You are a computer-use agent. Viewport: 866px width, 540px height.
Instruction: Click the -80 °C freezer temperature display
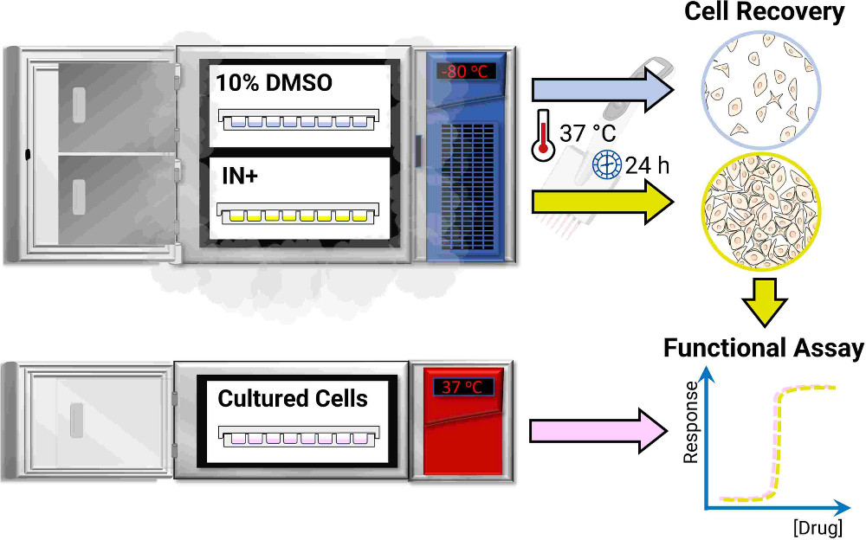coord(466,72)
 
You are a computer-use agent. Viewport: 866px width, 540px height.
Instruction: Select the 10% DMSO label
coord(274,83)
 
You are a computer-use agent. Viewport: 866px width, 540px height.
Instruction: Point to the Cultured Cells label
coord(293,399)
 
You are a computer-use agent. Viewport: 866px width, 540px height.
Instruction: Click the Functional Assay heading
coord(764,349)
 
